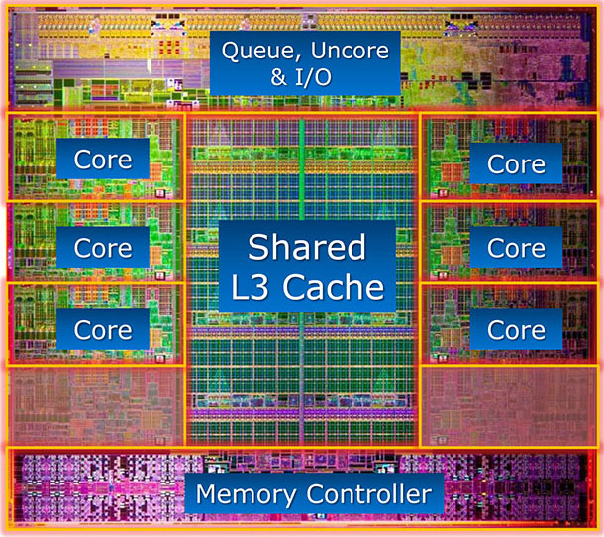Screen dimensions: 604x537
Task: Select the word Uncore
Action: (x=350, y=51)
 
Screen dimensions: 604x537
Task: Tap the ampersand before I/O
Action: (x=279, y=76)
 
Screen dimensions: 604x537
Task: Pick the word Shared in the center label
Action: (x=307, y=247)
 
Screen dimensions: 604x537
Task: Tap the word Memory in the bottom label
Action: (x=246, y=493)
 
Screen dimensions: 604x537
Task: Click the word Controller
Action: (x=369, y=493)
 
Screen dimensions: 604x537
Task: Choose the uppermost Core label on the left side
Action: (x=103, y=160)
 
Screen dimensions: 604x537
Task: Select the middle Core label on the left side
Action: (x=103, y=247)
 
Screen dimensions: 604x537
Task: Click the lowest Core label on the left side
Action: (x=103, y=330)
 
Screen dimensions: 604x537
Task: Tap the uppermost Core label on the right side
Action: (x=516, y=163)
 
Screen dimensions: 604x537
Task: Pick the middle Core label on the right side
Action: (x=516, y=247)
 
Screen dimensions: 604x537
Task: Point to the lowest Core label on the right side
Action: (x=516, y=330)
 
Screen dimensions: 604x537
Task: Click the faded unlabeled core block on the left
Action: (x=96, y=405)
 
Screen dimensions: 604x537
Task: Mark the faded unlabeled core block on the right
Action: (x=509, y=405)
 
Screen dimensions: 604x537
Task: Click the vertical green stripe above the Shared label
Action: (x=302, y=168)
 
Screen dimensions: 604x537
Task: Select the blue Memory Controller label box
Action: (x=314, y=493)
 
